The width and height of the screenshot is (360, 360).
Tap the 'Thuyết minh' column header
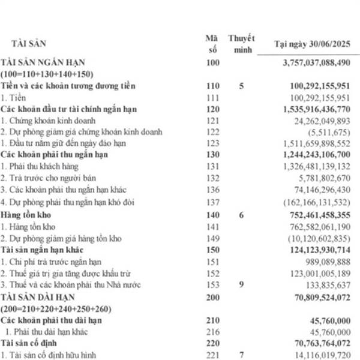[x=241, y=43]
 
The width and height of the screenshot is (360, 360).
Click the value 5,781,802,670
[x=323, y=178]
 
